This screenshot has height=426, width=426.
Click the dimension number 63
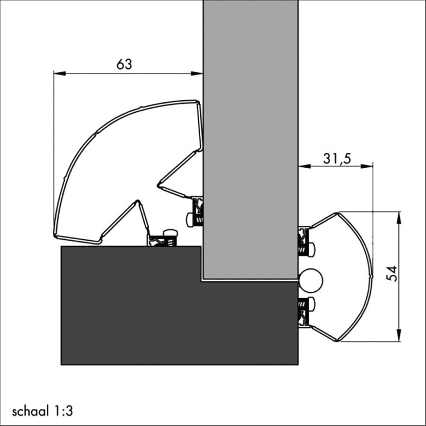pyautogui.click(x=124, y=64)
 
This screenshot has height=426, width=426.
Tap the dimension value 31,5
pyautogui.click(x=337, y=159)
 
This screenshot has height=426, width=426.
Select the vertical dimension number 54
pyautogui.click(x=391, y=274)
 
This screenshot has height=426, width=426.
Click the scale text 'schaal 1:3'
pyautogui.click(x=43, y=411)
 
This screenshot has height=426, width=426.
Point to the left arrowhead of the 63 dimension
pyautogui.click(x=60, y=73)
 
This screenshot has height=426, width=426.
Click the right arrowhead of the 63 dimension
pyautogui.click(x=196, y=73)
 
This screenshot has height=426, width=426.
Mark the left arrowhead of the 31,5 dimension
pyautogui.click(x=305, y=166)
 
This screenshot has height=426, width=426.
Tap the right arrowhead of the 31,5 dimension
pyautogui.click(x=367, y=166)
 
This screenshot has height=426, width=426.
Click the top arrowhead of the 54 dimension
pyautogui.click(x=398, y=217)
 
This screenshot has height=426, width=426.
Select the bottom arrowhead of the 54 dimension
pyautogui.click(x=398, y=335)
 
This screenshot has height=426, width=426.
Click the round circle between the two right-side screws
pyautogui.click(x=310, y=281)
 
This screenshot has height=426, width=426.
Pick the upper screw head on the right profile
pyautogui.click(x=312, y=250)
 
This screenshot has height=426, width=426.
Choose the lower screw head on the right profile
pyautogui.click(x=312, y=304)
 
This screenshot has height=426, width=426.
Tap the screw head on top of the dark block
pyautogui.click(x=170, y=233)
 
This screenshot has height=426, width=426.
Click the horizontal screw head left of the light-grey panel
pyautogui.click(x=190, y=220)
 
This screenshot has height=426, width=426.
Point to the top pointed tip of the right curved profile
pyautogui.click(x=338, y=213)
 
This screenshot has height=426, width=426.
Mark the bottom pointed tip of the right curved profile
pyautogui.click(x=338, y=340)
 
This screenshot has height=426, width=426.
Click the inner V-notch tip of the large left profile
pyautogui.click(x=158, y=185)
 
